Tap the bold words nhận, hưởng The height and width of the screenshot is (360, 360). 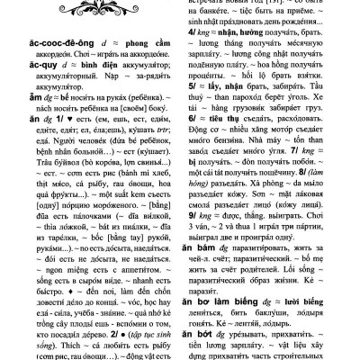point(243,32)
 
